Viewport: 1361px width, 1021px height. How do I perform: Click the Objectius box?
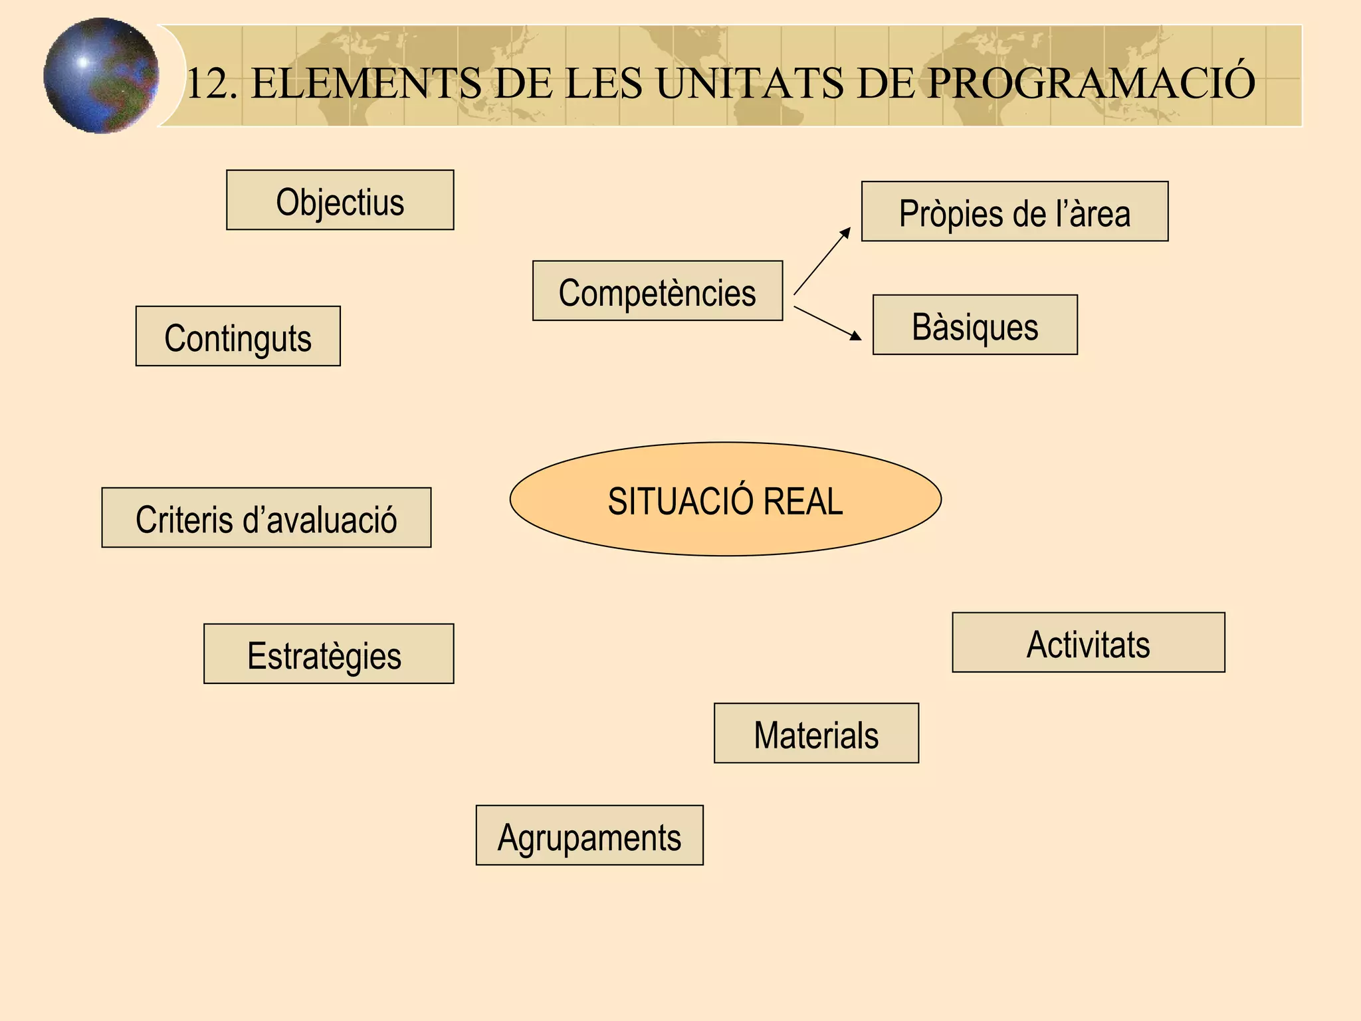pos(340,200)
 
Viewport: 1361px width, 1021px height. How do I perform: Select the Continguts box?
pos(238,336)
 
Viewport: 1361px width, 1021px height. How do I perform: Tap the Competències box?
pos(657,291)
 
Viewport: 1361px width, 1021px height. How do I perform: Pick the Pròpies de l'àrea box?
pos(1014,211)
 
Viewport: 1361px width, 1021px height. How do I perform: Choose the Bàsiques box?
pos(974,325)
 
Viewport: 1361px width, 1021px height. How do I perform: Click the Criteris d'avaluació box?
pos(266,518)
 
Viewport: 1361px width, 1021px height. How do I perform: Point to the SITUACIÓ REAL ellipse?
pos(725,499)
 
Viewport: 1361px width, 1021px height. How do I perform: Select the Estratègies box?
pos(328,654)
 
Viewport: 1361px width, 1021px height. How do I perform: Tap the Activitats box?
pos(1088,643)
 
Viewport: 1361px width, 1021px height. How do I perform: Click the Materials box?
pos(816,733)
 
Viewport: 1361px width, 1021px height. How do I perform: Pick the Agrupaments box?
pos(589,836)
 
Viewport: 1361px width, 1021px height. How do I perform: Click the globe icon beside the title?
pos(101,76)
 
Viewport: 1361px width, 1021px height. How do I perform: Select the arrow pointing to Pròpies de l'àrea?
pos(822,261)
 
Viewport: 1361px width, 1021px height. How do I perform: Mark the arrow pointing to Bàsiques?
pos(827,323)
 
